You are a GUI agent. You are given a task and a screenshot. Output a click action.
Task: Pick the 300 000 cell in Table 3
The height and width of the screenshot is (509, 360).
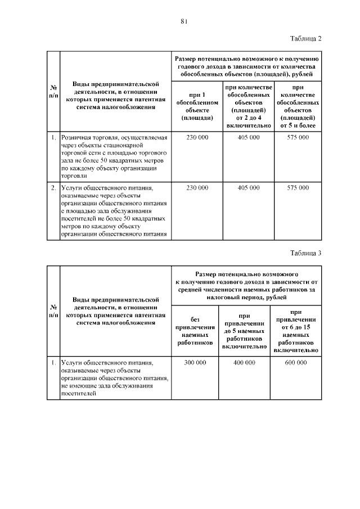[195, 363]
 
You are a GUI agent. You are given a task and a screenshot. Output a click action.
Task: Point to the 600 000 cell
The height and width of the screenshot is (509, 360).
[296, 363]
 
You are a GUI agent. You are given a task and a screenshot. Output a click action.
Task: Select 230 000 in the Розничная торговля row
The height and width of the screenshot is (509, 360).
[197, 137]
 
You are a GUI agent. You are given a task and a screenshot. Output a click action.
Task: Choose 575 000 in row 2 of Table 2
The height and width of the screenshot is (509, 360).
[298, 187]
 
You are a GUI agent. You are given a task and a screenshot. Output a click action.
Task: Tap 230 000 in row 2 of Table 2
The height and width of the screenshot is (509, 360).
[197, 187]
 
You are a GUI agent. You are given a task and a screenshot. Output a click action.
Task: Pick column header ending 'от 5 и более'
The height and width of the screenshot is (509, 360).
[298, 106]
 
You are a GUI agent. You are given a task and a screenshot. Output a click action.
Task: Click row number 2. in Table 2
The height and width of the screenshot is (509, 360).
[52, 187]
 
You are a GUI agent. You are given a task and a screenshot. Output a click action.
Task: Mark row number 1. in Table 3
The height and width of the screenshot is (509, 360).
[52, 363]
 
